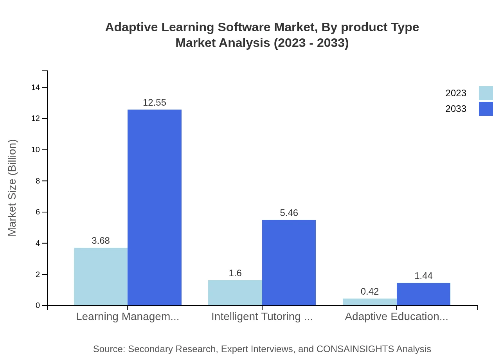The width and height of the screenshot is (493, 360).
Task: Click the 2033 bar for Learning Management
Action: (155, 207)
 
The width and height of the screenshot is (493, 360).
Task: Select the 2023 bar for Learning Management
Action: (101, 276)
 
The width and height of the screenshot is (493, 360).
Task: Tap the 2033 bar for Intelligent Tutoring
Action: (289, 263)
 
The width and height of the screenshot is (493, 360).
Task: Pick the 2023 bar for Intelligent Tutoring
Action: (235, 293)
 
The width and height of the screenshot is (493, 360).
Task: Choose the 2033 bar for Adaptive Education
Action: (423, 294)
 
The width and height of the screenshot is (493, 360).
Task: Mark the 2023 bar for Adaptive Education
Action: (370, 302)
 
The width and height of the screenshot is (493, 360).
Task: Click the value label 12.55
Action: (155, 103)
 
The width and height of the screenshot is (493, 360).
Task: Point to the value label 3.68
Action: (101, 241)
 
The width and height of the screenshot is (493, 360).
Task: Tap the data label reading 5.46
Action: (289, 213)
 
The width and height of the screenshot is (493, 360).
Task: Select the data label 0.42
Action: (370, 292)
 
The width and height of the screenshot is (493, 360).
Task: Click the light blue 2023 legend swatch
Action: (486, 93)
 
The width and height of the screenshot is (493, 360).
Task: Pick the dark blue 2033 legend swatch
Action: (486, 109)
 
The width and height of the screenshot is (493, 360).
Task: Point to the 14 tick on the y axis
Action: (36, 87)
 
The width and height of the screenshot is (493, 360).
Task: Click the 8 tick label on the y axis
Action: (38, 181)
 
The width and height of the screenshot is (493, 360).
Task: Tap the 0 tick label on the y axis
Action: (38, 306)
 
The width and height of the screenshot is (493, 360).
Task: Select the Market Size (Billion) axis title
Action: (12, 188)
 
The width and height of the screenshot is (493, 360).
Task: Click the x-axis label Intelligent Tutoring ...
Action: (262, 317)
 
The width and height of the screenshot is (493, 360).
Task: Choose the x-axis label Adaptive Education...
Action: (396, 317)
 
